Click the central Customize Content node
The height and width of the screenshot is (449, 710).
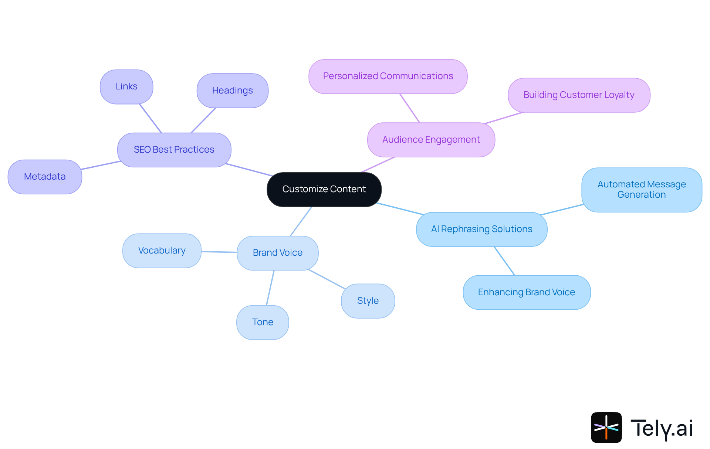[324, 189]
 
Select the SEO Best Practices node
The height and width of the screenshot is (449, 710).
[174, 150]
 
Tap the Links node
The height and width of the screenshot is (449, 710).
[126, 86]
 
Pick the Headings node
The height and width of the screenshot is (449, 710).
[232, 91]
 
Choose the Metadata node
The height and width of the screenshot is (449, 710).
[45, 177]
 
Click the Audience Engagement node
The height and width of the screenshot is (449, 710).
[431, 140]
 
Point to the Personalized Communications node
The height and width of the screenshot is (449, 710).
[388, 76]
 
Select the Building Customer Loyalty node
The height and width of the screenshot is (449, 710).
[579, 95]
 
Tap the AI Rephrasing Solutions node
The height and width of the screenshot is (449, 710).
[481, 229]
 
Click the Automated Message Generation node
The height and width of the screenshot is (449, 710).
[642, 190]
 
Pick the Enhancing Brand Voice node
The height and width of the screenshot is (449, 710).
[526, 292]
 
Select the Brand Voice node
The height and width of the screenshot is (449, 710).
[277, 253]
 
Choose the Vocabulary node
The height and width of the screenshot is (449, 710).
[162, 251]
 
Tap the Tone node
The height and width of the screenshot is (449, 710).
[263, 322]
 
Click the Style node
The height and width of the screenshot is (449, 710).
[368, 301]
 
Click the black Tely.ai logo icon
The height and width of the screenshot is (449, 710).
[606, 427]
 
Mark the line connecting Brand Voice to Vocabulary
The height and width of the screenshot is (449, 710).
[219, 252]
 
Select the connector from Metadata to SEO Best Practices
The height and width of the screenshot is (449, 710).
[100, 165]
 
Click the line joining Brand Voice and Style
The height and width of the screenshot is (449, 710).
[327, 279]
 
